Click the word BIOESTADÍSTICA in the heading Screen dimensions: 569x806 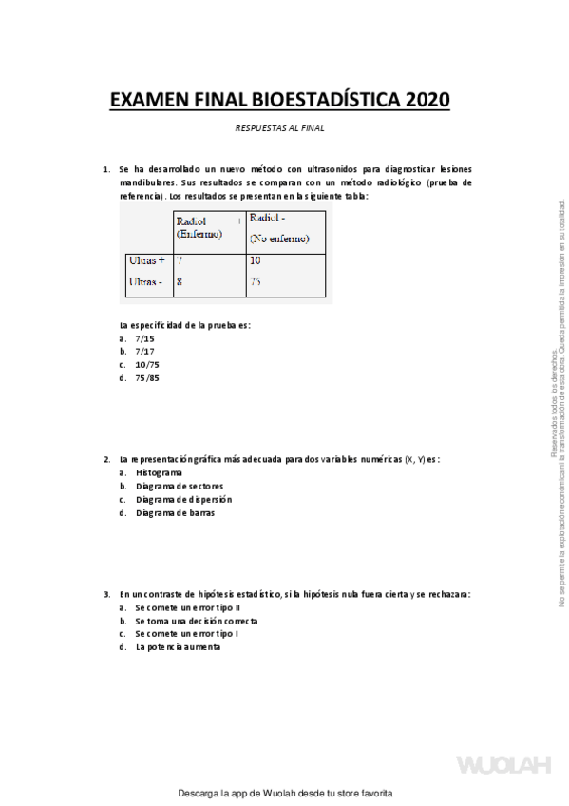pyautogui.click(x=320, y=100)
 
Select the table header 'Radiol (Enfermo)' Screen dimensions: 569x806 pyautogui.click(x=199, y=228)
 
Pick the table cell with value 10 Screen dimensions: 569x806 pyautogui.click(x=256, y=260)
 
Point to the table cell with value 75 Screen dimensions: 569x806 pyautogui.click(x=256, y=281)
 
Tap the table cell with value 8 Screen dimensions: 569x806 pyautogui.click(x=180, y=281)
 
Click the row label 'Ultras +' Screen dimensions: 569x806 pyautogui.click(x=146, y=260)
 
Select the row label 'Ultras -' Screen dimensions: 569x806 pyautogui.click(x=145, y=281)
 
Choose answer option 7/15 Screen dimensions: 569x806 pyautogui.click(x=144, y=337)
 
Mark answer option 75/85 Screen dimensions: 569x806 pyautogui.click(x=147, y=377)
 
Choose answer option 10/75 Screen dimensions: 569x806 pyautogui.click(x=147, y=364)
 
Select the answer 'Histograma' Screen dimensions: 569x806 pyautogui.click(x=160, y=472)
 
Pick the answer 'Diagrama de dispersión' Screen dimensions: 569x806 pyautogui.click(x=183, y=499)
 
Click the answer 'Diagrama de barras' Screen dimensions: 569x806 pyautogui.click(x=175, y=513)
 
